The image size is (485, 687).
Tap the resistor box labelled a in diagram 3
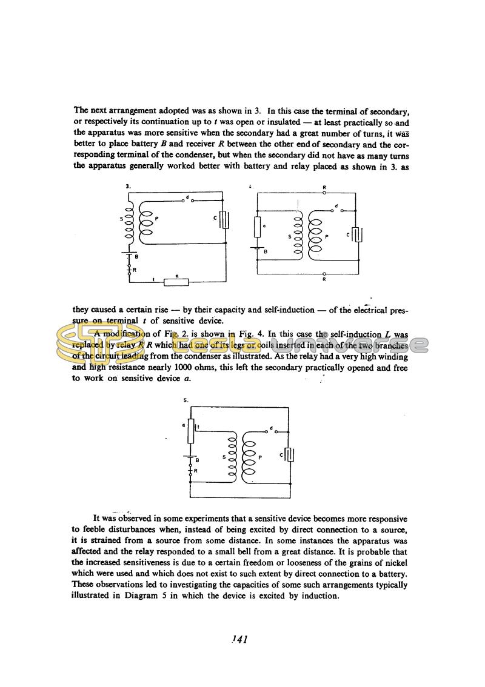coord(176,281)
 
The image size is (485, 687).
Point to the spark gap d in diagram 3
coord(189,201)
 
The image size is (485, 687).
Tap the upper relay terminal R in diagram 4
coord(324,193)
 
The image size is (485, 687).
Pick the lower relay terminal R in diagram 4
coord(324,274)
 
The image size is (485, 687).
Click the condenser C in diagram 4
coord(358,234)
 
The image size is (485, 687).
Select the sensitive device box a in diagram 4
coord(258,227)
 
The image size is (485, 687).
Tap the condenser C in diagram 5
coord(290,454)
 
